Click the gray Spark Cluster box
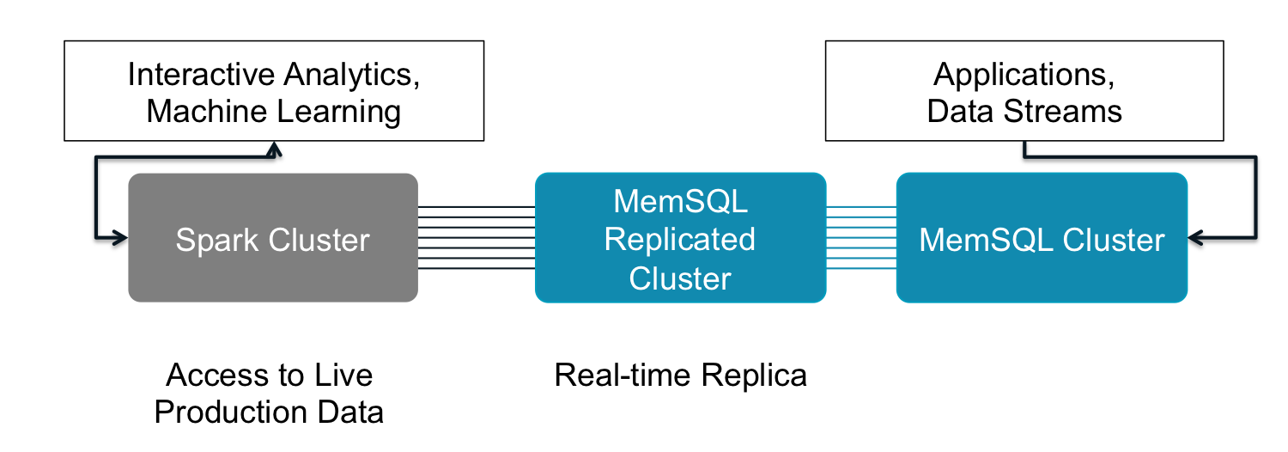273,275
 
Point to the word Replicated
680,239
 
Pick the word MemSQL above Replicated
680,201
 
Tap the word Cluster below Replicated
680,278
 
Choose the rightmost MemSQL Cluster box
1042,275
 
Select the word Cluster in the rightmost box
1114,240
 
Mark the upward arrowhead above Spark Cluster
274,150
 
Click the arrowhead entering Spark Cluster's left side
121,238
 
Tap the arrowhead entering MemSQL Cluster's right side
1195,238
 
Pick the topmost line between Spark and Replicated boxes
477,206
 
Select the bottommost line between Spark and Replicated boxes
477,269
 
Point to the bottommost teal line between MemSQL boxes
861,269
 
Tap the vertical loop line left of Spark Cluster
95,198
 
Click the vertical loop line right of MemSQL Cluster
1256,198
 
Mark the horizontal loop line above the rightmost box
1142,156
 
